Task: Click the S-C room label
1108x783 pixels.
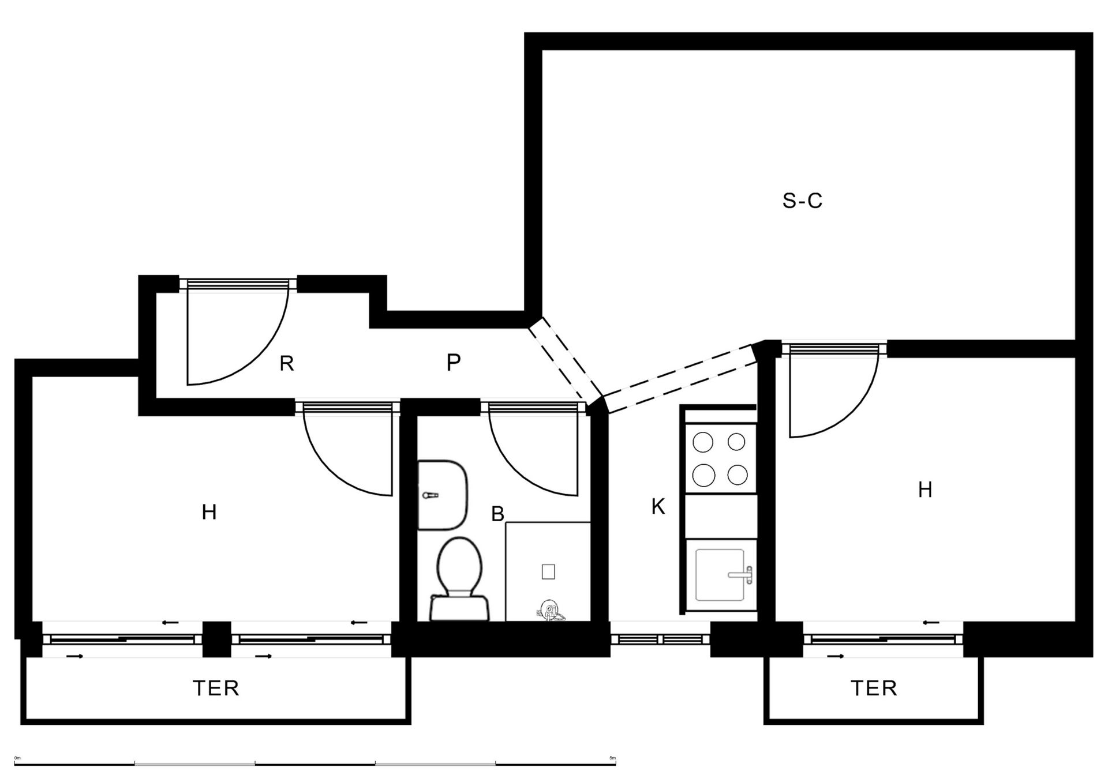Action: [802, 201]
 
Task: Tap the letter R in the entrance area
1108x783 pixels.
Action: [287, 364]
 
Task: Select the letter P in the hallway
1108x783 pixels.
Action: [454, 363]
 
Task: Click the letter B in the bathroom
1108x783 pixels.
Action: [497, 514]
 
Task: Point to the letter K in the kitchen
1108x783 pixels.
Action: [658, 507]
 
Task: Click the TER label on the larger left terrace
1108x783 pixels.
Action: [215, 688]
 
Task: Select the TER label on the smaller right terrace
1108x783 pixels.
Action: [874, 688]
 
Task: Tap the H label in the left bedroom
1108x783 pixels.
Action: [209, 511]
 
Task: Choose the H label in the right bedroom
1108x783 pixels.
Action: [925, 490]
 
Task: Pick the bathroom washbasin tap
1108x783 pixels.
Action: [431, 495]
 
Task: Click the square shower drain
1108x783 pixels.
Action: [548, 571]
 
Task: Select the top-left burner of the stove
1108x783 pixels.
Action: [703, 442]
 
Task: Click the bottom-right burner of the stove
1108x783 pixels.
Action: [738, 475]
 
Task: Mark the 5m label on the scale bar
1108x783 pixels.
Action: [613, 758]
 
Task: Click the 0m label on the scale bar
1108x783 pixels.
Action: [17, 758]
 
